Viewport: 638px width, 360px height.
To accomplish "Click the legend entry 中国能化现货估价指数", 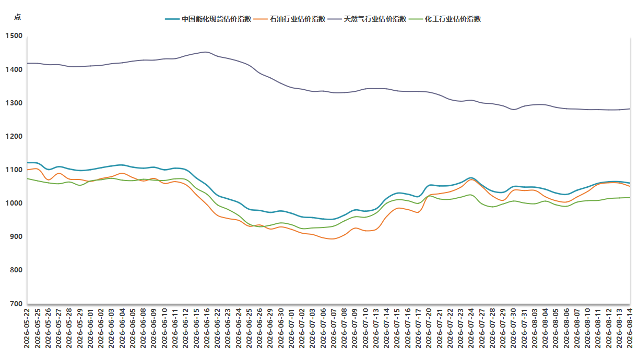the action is [208, 19].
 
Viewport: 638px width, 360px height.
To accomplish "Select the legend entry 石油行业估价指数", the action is [289, 19].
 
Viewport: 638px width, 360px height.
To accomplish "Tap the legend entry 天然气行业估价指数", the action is [367, 19].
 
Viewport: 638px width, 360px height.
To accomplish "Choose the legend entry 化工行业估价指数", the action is [445, 19].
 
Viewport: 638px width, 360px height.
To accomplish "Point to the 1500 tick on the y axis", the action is [14, 36].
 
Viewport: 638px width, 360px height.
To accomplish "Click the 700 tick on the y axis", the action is [16, 304].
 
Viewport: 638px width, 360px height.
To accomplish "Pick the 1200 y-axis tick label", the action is [14, 136].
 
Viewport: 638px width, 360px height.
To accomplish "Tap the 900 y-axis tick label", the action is [16, 236].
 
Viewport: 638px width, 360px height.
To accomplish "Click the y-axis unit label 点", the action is [17, 17].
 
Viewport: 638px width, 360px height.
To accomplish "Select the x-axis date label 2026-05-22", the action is [27, 328].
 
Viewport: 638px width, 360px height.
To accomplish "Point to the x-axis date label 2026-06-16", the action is [207, 328].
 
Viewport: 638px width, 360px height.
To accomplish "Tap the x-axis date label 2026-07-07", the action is [334, 328].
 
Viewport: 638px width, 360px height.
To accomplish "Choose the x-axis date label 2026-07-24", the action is [471, 328].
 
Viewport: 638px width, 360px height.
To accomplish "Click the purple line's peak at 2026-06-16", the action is [206, 52].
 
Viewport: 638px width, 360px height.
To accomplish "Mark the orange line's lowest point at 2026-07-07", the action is [333, 239].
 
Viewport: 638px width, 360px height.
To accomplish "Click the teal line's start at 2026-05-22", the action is [28, 162].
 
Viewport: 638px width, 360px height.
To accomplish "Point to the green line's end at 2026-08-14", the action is [630, 198].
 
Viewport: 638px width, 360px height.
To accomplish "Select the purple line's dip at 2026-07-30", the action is [514, 110].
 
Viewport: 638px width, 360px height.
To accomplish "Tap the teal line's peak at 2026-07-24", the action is [471, 178].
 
